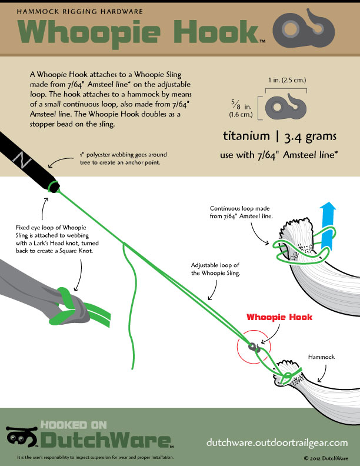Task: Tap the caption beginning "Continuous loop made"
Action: pos(240,212)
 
